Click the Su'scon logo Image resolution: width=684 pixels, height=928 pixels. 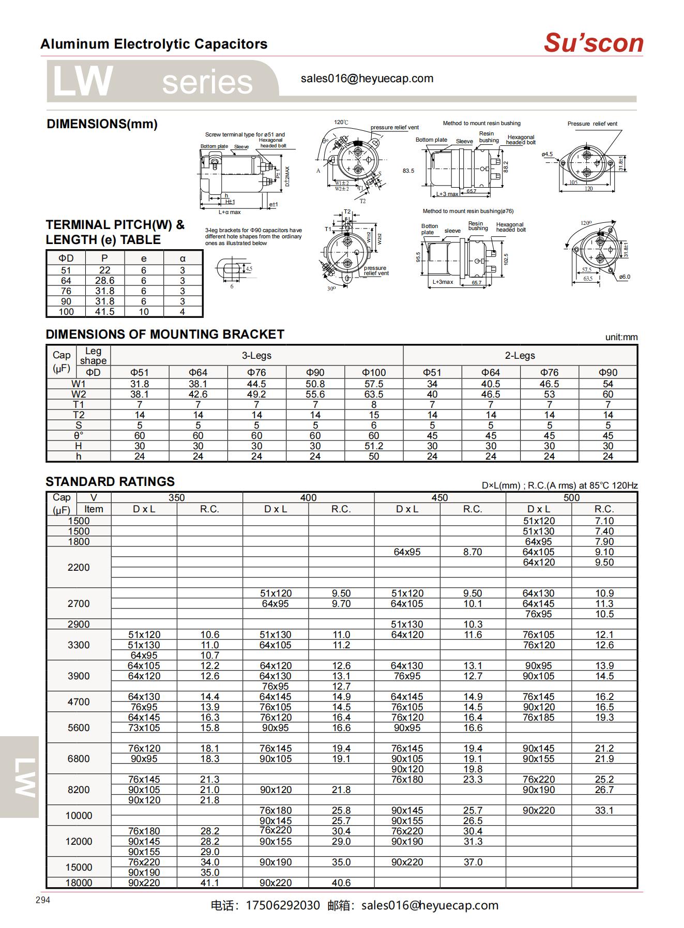pos(593,43)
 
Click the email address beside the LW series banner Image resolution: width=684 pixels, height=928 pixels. pos(367,79)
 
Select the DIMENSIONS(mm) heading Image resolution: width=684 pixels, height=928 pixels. pos(102,124)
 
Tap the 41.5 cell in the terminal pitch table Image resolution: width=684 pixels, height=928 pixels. pos(104,312)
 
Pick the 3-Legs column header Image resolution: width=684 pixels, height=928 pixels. pos(256,356)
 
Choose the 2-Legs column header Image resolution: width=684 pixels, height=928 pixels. pos(520,356)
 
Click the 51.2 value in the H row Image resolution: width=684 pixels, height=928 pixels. pos(373,446)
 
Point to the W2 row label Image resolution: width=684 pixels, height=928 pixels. pos(79,394)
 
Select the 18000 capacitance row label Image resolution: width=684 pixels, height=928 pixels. pos(79,883)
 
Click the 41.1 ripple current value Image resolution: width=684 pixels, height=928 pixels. pos(209,883)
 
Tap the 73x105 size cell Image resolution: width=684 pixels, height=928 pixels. pos(144,727)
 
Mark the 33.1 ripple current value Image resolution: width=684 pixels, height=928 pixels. pos(604,810)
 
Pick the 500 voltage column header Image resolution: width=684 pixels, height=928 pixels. pos(571,497)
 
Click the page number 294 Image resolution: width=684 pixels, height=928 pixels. pos(43,900)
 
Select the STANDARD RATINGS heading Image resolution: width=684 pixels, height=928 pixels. pos(110,482)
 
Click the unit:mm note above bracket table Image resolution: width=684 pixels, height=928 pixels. pos(621,337)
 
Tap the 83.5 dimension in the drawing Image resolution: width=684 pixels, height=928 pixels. pos(408,171)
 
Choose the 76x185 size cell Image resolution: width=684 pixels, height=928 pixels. pos(538,717)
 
